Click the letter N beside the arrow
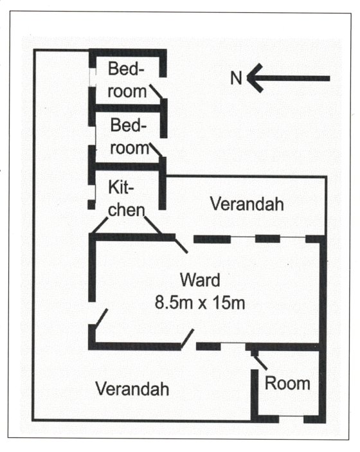coord(236,78)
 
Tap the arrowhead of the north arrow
coord(255,78)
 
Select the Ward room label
coord(200,280)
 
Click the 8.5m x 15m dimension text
coord(200,303)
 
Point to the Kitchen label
coord(126,199)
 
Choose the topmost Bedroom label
coord(127,80)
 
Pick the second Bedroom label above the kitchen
coord(129,137)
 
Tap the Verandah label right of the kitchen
coord(247,204)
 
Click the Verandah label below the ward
coord(132,388)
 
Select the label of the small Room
coord(287,383)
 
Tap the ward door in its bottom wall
coord(187,339)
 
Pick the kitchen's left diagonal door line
coord(100,225)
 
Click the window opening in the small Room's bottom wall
coord(291,419)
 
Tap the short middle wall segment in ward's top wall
coord(268,239)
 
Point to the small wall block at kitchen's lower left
coord(91,204)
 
